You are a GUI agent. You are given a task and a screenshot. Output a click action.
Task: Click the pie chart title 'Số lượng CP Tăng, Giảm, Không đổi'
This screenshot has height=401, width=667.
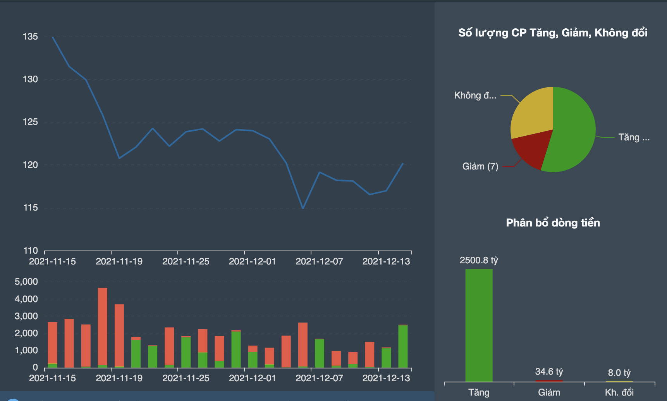click(553, 33)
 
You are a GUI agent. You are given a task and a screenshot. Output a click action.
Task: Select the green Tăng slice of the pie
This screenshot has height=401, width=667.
click(573, 132)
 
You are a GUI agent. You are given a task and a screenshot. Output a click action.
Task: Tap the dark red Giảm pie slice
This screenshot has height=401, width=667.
click(531, 149)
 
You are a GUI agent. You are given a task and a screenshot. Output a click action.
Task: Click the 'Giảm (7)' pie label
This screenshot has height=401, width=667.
click(480, 166)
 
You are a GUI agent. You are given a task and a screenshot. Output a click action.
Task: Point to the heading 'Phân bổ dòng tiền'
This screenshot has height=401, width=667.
click(553, 223)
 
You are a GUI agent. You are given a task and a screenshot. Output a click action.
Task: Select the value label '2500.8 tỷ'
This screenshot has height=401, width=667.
click(479, 260)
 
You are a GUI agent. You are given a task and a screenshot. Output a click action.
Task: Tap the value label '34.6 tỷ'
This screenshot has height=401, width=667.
click(549, 372)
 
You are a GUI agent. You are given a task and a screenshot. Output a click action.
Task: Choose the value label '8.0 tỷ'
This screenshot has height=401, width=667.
click(619, 373)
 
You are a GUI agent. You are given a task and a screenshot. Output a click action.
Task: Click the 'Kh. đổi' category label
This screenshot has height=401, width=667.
click(619, 392)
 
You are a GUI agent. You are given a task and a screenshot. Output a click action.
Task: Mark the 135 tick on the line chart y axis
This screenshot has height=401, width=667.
click(30, 37)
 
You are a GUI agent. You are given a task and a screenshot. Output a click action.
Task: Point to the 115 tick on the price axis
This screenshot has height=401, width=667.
click(31, 208)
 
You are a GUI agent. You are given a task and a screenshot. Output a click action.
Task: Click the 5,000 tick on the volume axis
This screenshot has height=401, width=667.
click(26, 282)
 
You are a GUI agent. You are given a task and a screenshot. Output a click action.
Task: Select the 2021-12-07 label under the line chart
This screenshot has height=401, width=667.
click(319, 261)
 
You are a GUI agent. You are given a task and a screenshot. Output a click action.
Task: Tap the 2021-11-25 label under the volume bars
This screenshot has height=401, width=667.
click(186, 378)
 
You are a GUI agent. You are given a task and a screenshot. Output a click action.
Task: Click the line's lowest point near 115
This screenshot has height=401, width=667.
click(303, 208)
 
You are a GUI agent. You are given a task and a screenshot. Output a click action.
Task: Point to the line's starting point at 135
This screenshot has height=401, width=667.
click(53, 37)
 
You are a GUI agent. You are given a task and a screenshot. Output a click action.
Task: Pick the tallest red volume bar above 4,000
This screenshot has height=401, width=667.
click(103, 326)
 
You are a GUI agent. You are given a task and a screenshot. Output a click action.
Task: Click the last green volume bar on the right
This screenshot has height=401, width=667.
click(403, 346)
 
